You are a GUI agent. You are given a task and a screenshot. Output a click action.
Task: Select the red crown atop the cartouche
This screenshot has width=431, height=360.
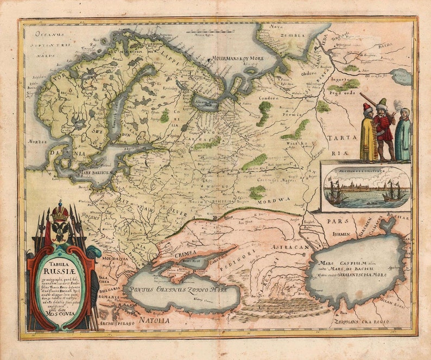(x=60, y=210)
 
